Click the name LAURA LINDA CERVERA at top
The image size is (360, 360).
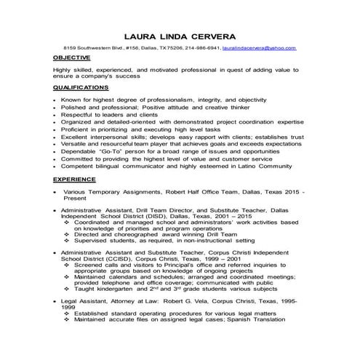tap(180, 34)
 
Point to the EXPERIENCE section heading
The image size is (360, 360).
tap(74, 179)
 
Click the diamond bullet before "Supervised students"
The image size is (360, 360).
tap(67, 241)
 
